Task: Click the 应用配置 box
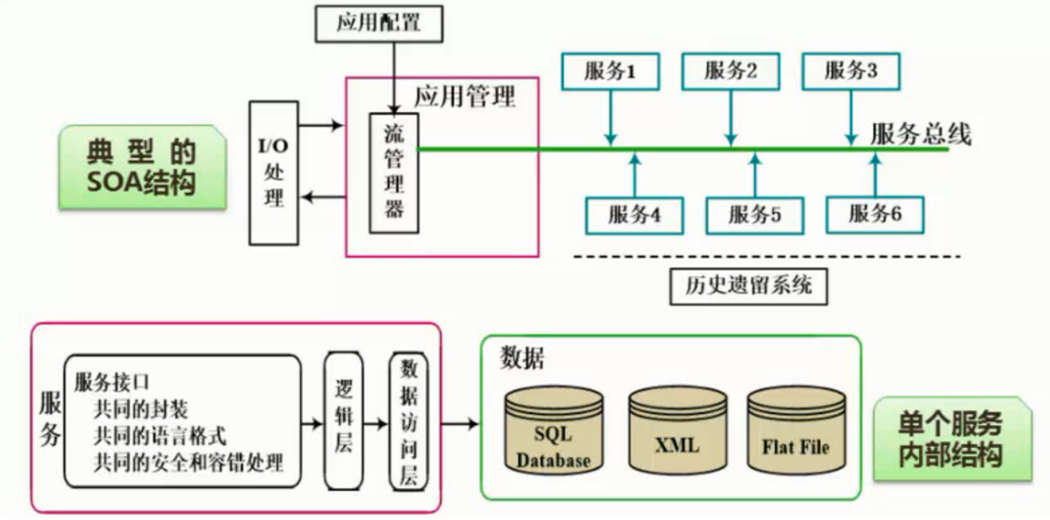click(x=379, y=23)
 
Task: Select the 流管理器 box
click(x=394, y=173)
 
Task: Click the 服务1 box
click(x=610, y=71)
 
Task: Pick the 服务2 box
click(x=730, y=71)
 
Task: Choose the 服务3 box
click(x=851, y=71)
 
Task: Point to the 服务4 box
click(x=634, y=214)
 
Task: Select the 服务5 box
click(x=754, y=214)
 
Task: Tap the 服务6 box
click(x=874, y=214)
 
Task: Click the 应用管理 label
click(x=465, y=97)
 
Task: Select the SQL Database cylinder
click(x=553, y=431)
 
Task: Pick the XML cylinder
click(x=676, y=431)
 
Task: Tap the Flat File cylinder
click(x=796, y=431)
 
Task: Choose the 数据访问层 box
click(x=409, y=423)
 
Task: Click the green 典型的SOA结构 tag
click(x=141, y=167)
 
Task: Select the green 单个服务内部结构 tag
click(x=950, y=439)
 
